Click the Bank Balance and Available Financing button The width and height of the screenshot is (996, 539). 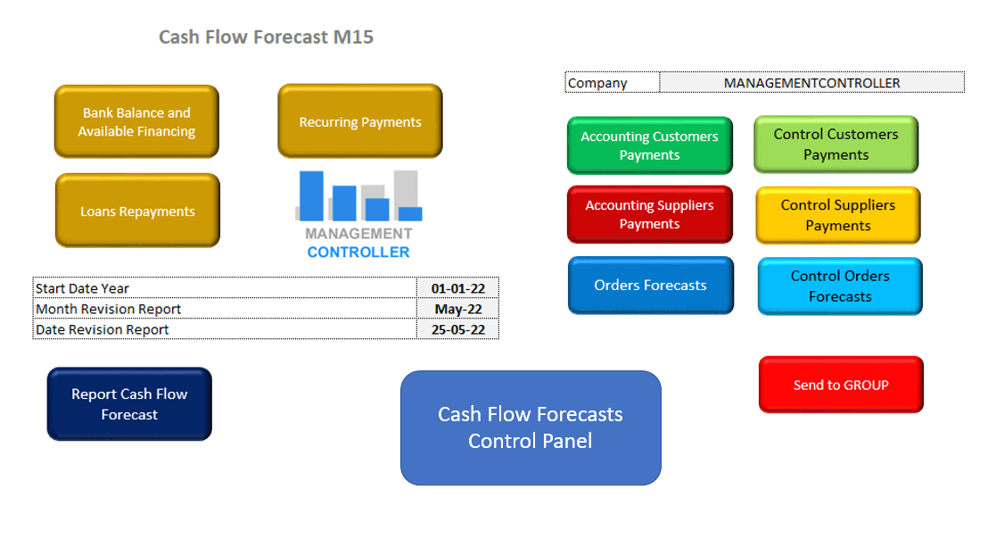pos(136,122)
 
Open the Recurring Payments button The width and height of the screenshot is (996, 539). pos(360,122)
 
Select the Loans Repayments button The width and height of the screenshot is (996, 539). pos(137,211)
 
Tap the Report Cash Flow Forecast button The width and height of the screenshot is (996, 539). pos(129,404)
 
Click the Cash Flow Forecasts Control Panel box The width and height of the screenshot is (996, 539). pos(531,427)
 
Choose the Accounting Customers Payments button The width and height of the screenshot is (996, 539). pos(649,145)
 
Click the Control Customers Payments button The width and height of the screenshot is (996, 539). pos(835,145)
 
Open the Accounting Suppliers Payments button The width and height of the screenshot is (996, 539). pos(649,214)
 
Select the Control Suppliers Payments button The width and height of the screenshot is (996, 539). pos(838,215)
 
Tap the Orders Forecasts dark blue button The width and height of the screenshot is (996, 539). pos(650,286)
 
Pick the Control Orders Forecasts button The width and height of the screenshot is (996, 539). pos(840,286)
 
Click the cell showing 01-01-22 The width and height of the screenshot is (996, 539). pos(457,288)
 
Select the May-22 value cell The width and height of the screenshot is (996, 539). pos(457,309)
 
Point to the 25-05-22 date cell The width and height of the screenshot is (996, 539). pos(457,329)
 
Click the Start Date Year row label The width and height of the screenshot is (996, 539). pos(83,288)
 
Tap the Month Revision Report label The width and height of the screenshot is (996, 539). pos(108,309)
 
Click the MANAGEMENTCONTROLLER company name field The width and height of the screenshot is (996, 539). pos(811,83)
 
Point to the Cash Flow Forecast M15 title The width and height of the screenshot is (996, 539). pos(266,37)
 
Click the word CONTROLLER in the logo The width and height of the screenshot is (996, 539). pos(358,252)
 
